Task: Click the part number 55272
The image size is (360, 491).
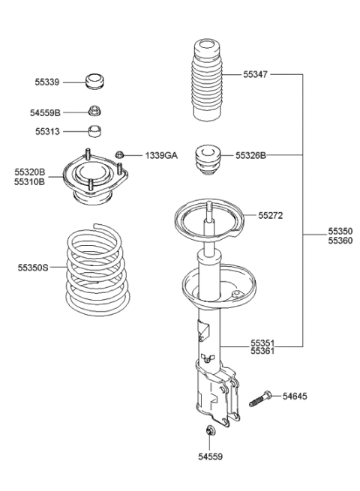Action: point(270,214)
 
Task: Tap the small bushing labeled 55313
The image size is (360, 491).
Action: point(95,132)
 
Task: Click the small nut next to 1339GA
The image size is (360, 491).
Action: point(119,155)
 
